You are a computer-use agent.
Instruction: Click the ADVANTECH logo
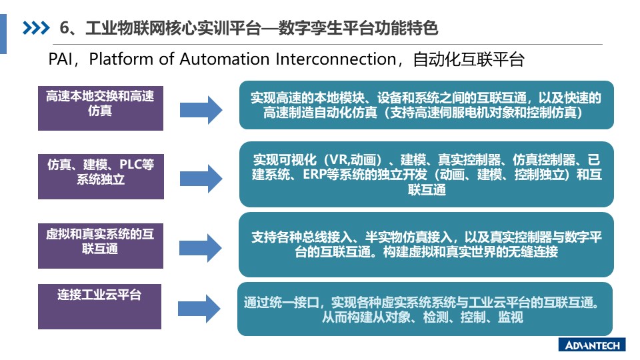[x=592, y=345]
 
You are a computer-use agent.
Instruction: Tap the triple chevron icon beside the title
[x=36, y=28]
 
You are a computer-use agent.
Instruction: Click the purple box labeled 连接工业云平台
[x=99, y=307]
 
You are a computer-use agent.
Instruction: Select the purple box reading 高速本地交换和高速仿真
[x=101, y=108]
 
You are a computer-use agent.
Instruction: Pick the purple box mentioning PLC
[x=101, y=176]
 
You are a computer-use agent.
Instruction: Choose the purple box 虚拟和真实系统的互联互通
[x=101, y=246]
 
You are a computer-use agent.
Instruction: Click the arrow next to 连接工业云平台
[x=199, y=309]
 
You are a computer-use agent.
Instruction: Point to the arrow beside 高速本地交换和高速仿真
[x=201, y=110]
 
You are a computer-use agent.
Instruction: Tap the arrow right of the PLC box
[x=201, y=179]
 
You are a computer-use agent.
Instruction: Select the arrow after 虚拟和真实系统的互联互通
[x=201, y=248]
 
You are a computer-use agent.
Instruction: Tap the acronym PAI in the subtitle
[x=59, y=59]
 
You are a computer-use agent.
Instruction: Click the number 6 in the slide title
[x=64, y=28]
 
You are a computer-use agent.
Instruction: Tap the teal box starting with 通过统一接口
[x=425, y=309]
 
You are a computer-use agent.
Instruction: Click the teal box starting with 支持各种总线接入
[x=426, y=245]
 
